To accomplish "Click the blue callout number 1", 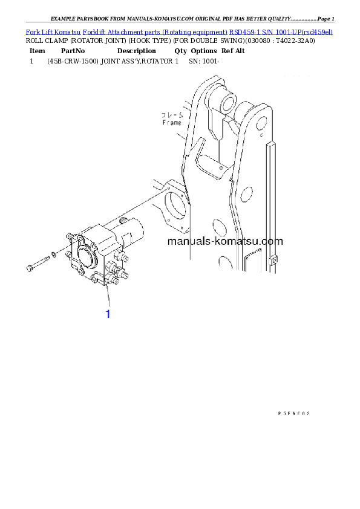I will (x=108, y=314).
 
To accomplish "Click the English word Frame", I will (x=172, y=122).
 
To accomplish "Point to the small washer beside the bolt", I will (x=54, y=254).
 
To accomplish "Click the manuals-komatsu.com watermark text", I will (x=224, y=241).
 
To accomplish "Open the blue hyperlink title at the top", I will (x=179, y=31).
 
